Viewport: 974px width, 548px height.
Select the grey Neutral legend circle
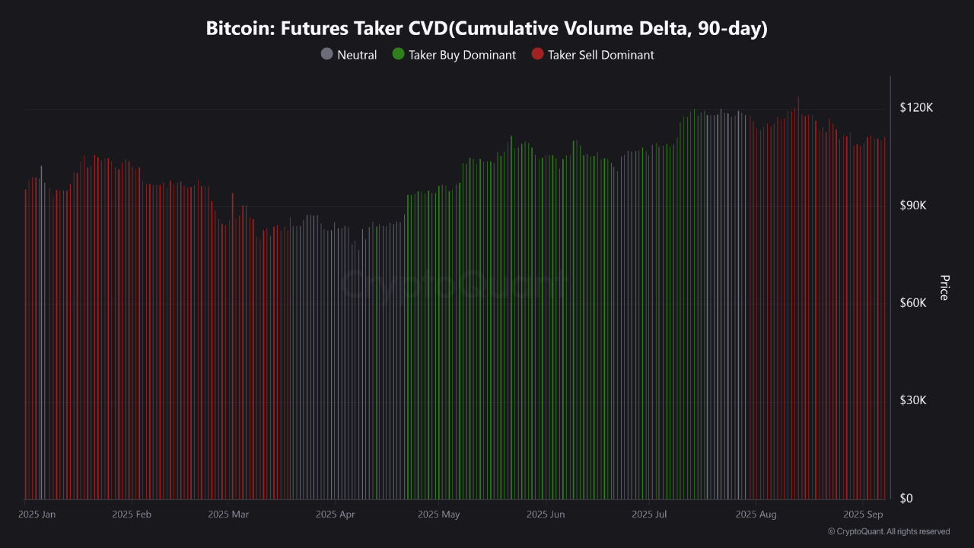point(326,55)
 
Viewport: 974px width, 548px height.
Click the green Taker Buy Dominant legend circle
point(398,55)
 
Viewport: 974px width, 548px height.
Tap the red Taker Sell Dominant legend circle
point(537,55)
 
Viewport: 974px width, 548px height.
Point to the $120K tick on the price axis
point(916,108)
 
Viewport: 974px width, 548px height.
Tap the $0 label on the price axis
point(906,499)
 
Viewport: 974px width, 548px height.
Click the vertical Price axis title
point(944,288)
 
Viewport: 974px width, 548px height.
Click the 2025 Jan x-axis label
point(37,515)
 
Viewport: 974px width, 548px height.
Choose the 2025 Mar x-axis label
point(228,515)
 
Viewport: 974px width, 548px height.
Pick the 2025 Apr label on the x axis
point(335,515)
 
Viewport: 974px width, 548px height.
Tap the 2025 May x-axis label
point(439,515)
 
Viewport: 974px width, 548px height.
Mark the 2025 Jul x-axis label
point(649,515)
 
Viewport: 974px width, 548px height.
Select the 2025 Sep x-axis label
point(864,515)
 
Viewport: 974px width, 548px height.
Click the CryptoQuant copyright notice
point(889,531)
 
